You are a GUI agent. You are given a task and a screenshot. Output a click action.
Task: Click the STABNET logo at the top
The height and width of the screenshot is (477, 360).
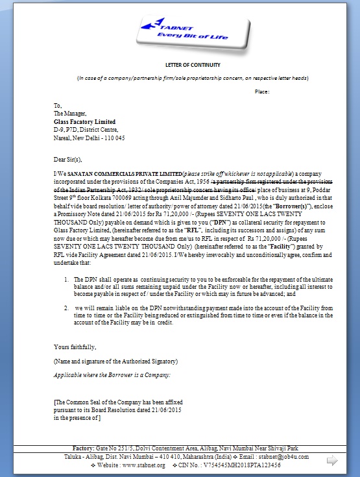(x=194, y=31)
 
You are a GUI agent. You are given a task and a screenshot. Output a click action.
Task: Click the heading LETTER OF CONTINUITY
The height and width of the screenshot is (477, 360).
(x=192, y=65)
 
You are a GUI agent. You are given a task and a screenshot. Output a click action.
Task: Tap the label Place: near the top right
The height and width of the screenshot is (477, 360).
(x=261, y=92)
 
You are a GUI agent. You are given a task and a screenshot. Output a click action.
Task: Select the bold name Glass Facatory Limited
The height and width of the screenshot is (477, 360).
(x=85, y=121)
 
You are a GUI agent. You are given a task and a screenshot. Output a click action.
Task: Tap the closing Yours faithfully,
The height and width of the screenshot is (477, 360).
(x=75, y=347)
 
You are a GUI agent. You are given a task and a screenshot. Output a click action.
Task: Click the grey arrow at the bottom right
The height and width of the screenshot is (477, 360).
(x=333, y=461)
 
